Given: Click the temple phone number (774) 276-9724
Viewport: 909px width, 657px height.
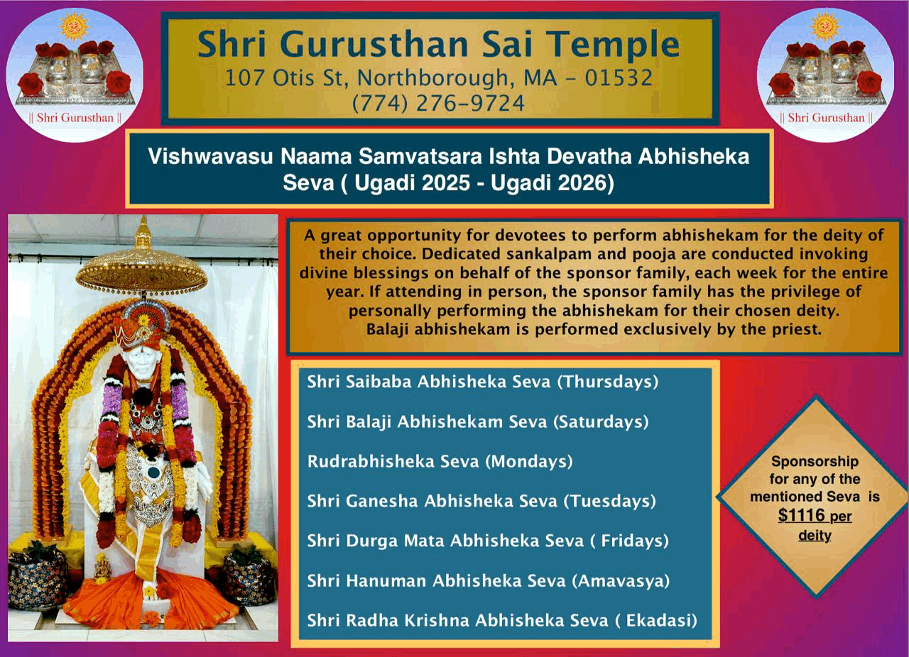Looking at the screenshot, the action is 438,103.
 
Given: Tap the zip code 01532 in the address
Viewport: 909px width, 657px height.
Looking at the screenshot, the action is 619,77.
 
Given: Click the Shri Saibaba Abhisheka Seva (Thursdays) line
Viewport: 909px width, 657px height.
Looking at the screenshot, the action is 482,382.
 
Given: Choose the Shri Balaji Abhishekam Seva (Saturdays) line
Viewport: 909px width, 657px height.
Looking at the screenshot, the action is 478,421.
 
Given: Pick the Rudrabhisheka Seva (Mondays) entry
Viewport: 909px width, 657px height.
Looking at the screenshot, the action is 440,461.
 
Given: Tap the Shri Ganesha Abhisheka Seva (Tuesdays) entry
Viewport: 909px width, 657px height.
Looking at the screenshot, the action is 481,501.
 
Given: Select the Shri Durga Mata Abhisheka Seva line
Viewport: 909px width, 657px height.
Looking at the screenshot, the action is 488,541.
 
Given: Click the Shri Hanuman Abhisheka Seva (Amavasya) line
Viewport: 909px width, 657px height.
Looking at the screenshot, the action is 488,580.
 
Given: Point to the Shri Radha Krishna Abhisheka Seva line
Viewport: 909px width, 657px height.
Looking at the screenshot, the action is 502,620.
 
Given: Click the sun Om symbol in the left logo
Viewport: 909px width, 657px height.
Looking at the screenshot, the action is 74,26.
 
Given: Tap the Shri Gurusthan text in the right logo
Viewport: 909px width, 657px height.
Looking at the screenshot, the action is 826,118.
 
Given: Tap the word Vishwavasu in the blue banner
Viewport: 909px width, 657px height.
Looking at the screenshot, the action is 209,156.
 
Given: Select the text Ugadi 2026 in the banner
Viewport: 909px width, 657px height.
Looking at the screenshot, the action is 552,183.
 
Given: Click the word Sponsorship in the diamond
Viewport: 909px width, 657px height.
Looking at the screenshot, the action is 815,461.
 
